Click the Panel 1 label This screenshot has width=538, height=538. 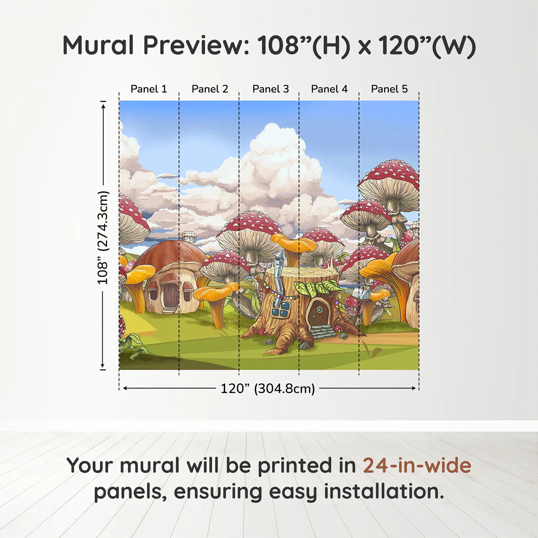pos(149,89)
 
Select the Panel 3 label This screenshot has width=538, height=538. pos(271,89)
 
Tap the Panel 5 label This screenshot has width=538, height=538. pos(389,89)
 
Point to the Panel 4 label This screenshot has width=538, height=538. pos(329,89)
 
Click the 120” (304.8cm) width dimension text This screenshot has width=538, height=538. pos(267,389)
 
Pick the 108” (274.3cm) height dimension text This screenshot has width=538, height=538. pos(103,237)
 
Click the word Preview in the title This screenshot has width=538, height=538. pos(196,45)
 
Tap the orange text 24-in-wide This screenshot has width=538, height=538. pos(417,465)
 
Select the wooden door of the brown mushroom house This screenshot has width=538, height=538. pos(170,296)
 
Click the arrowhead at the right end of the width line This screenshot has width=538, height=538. pos(414,388)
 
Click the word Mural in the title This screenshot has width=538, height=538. pos(98,45)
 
